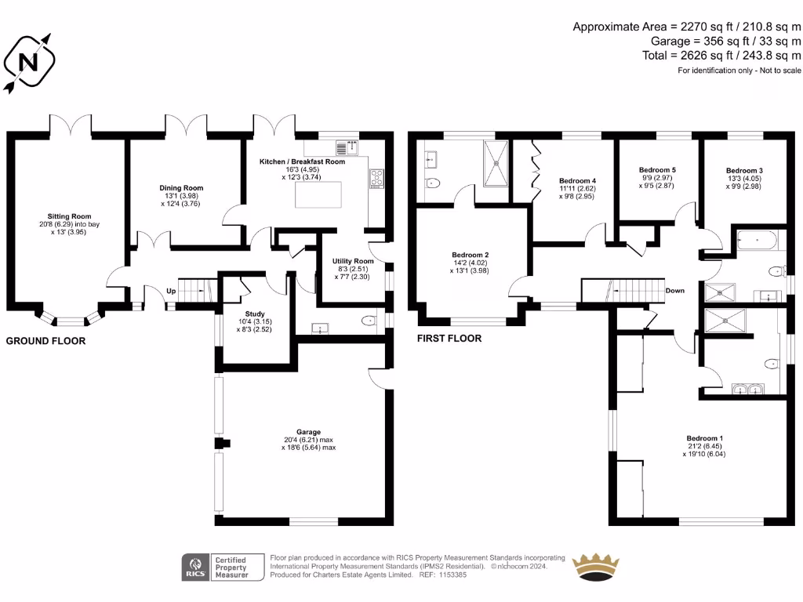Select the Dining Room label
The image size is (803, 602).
pos(181,188)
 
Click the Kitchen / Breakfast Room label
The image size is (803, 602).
pos(302,161)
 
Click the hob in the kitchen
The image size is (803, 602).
pos(376,180)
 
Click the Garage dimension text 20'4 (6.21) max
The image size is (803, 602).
pos(309,440)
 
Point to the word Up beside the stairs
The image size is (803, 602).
pos(171,291)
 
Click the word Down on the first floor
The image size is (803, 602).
pos(674,291)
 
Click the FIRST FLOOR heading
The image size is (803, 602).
pos(449,339)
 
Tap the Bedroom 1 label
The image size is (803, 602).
pos(704,438)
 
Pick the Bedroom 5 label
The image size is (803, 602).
pos(657,170)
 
